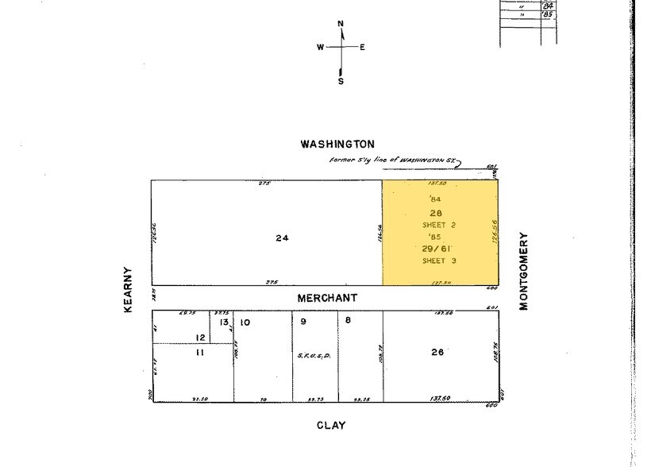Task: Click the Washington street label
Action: click(x=337, y=144)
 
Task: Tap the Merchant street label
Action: click(x=327, y=298)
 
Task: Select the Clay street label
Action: click(x=331, y=425)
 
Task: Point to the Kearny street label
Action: click(x=128, y=289)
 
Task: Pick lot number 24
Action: click(x=282, y=237)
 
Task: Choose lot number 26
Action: click(x=437, y=352)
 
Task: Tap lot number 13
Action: click(x=224, y=322)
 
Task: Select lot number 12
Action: click(x=201, y=338)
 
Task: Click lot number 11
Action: click(x=199, y=352)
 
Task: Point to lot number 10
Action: click(x=245, y=322)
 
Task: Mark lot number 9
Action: click(x=302, y=321)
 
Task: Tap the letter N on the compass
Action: click(x=341, y=24)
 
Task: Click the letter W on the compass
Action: click(x=321, y=47)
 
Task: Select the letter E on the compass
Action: click(x=362, y=47)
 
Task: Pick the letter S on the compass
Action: click(x=341, y=81)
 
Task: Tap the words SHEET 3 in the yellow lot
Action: click(x=439, y=261)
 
